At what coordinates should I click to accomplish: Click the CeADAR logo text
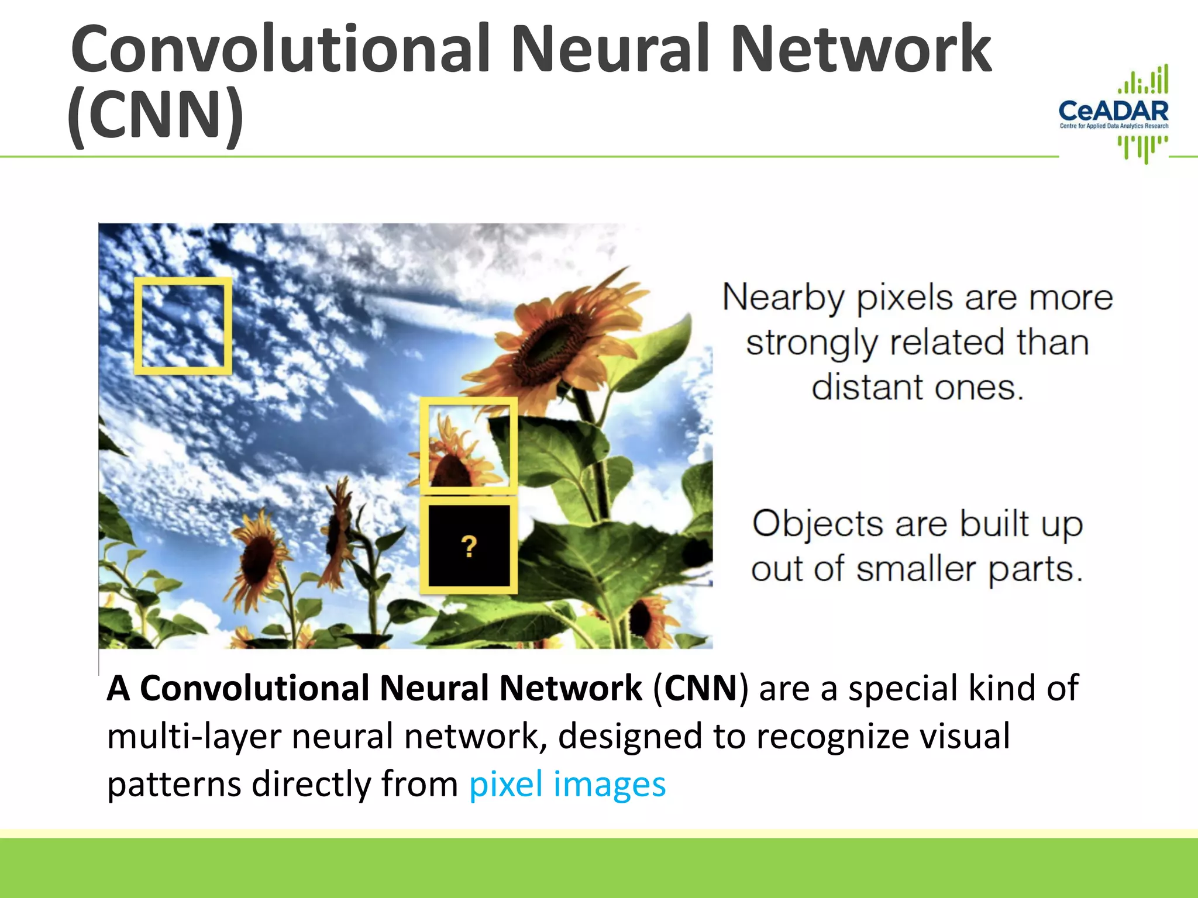(1113, 110)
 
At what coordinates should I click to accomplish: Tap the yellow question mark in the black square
(469, 547)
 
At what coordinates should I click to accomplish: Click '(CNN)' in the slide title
(156, 114)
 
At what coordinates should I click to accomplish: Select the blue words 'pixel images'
(567, 784)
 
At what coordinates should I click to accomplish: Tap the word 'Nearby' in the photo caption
(783, 298)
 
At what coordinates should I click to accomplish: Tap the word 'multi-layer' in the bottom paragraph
(194, 737)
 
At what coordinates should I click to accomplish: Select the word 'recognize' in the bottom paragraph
(832, 737)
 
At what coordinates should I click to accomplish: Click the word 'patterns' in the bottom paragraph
(174, 785)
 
